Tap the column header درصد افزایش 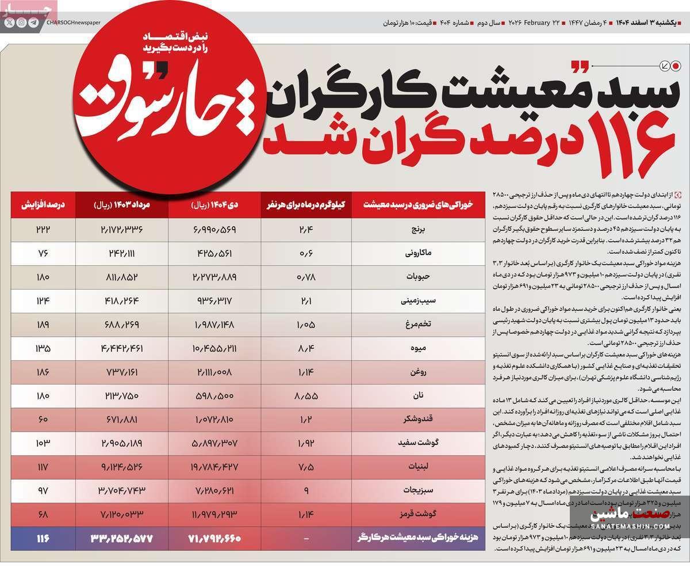click(x=43, y=204)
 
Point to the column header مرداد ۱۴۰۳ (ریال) click(x=121, y=204)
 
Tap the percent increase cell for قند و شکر click(x=43, y=420)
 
